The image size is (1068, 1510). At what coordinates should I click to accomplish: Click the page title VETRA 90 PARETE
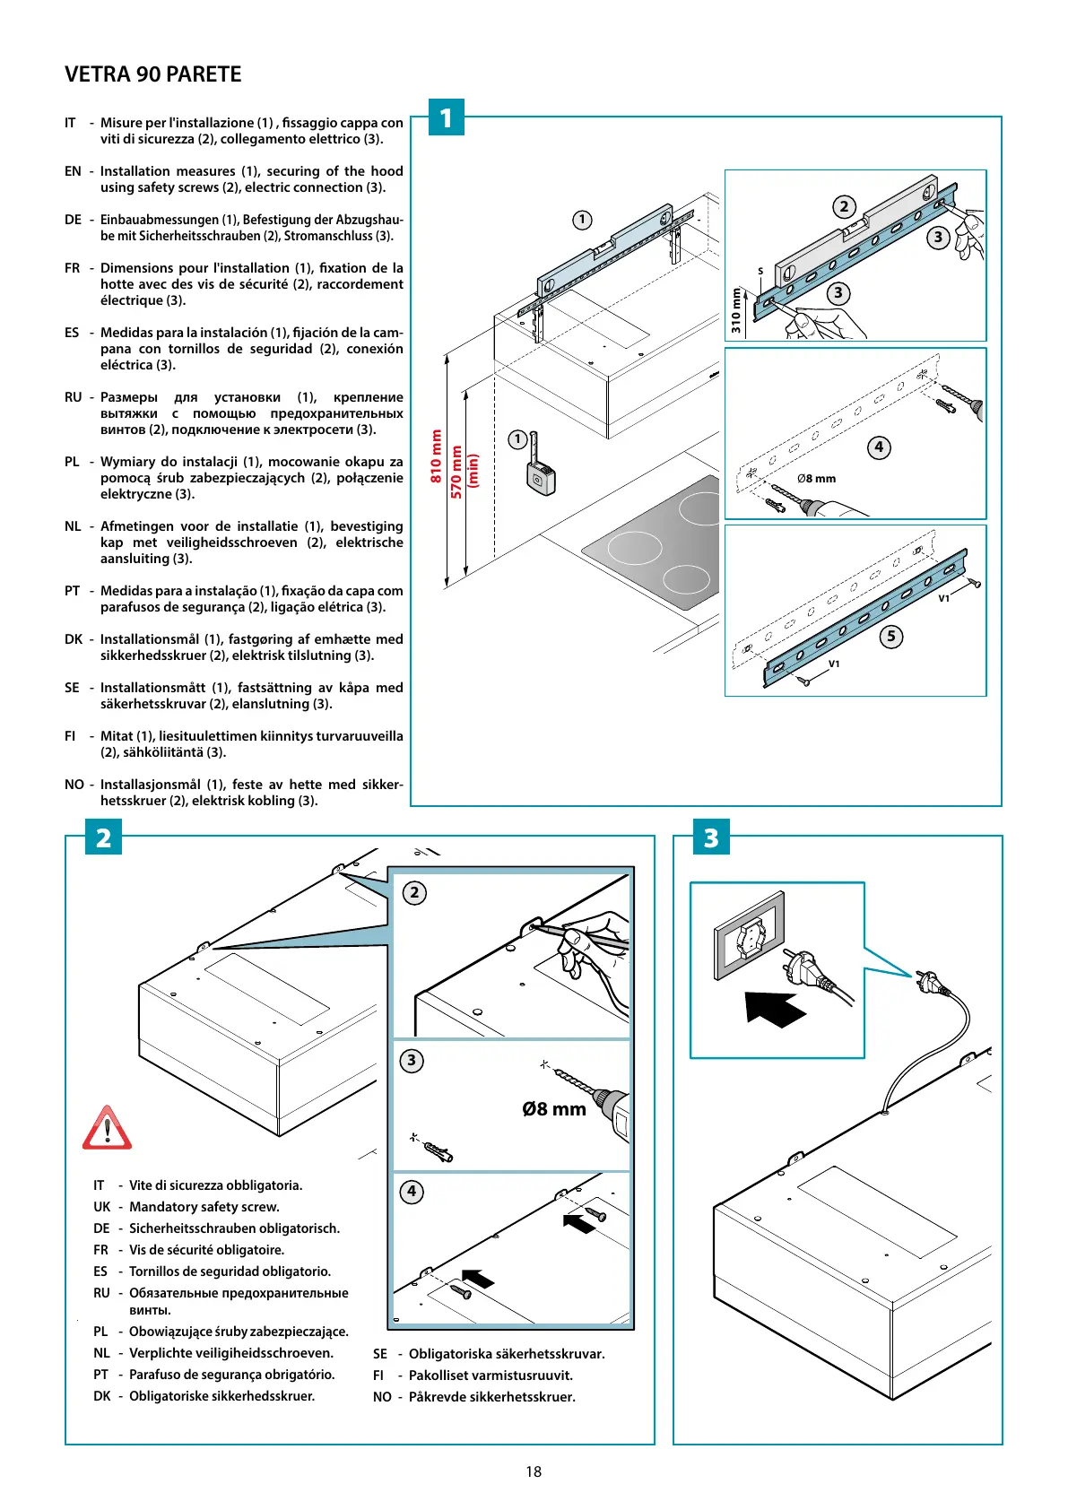coord(152,74)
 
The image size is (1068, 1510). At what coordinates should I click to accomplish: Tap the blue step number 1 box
coord(446,117)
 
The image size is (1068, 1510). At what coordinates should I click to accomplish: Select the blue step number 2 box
coord(103,837)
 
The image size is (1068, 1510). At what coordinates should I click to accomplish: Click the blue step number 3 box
coord(711,837)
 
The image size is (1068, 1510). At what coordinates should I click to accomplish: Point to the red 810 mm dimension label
coord(437,456)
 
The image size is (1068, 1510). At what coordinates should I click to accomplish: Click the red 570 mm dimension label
coord(456,472)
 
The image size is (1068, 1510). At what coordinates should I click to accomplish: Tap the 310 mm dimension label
coord(736,310)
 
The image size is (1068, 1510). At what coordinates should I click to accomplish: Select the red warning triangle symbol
coord(107,1129)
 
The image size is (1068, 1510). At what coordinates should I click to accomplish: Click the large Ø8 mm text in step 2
coord(554,1109)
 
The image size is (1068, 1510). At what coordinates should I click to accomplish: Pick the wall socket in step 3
coord(750,937)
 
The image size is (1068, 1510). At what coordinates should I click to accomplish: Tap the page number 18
coord(534,1471)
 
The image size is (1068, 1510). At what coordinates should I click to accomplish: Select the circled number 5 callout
coord(890,637)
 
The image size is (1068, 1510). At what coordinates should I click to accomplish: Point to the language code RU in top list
coord(74,397)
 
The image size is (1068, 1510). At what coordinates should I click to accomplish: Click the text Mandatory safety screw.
coord(204,1207)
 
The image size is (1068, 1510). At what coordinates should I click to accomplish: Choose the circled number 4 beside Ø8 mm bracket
coord(879,447)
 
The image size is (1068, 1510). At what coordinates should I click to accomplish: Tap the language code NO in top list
coord(74,785)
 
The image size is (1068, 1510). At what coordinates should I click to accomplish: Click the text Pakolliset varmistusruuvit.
coord(491,1375)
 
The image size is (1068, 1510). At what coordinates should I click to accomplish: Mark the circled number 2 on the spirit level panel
coord(844,207)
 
